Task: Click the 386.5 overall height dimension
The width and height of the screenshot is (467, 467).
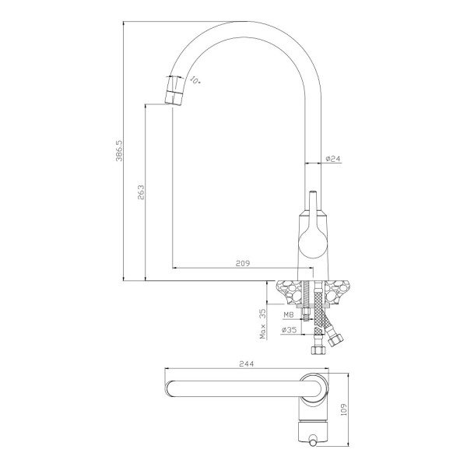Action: click(119, 150)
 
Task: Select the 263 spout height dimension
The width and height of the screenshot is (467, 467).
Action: click(141, 192)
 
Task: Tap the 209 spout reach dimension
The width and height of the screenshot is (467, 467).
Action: click(243, 263)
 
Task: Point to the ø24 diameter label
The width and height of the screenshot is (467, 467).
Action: click(332, 159)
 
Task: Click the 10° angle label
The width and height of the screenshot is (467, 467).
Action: click(195, 80)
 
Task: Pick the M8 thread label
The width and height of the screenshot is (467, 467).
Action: click(288, 314)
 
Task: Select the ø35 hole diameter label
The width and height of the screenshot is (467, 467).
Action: click(289, 330)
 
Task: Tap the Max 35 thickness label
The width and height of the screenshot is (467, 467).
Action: click(262, 324)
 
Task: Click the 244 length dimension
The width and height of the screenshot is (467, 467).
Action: click(247, 363)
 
